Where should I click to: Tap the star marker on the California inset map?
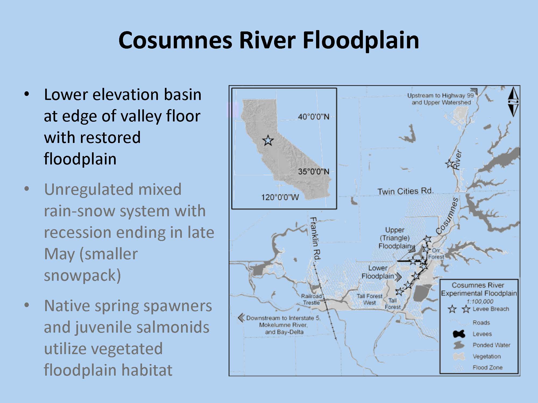tap(268, 141)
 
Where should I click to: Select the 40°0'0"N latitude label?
tap(313, 117)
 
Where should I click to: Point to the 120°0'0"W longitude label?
tap(280, 197)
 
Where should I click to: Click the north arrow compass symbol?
tap(513, 102)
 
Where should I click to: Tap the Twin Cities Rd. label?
tap(405, 191)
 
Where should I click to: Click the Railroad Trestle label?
tap(312, 299)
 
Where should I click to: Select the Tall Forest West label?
tap(369, 299)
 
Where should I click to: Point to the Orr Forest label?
tap(436, 254)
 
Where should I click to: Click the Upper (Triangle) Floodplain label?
tap(395, 238)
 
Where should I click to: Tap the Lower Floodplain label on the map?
tap(378, 272)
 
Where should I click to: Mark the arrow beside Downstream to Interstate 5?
tap(241, 318)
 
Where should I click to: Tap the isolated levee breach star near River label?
tap(449, 163)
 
